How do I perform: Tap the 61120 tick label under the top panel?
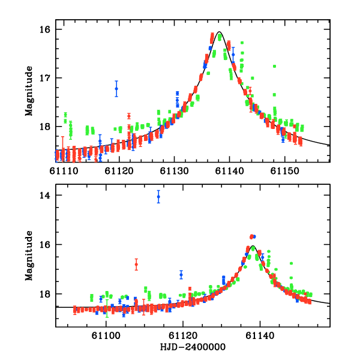[x=119, y=171]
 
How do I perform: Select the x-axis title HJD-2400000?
[x=192, y=347]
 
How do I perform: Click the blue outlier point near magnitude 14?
[x=158, y=197]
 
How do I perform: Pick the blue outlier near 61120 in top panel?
[x=116, y=88]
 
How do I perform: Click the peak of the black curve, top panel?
[x=220, y=32]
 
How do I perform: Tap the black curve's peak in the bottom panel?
[x=253, y=246]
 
